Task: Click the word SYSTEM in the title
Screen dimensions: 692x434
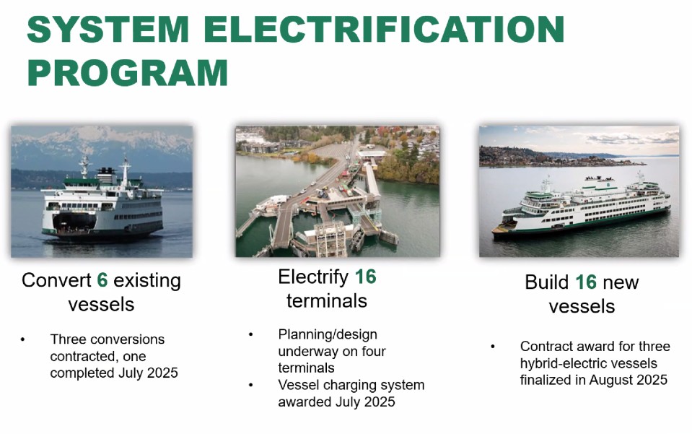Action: tap(108, 29)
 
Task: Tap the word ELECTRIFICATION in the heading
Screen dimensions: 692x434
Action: tap(384, 29)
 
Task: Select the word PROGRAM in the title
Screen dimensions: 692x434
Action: tap(128, 72)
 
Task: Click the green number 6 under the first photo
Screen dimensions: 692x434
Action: tap(102, 280)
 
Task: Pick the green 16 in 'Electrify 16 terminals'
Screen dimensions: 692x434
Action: tap(365, 277)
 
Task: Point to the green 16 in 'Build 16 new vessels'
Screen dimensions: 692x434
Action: tap(586, 282)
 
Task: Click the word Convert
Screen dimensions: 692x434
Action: tap(56, 280)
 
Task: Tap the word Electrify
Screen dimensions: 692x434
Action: tap(313, 278)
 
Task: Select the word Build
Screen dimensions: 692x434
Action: tap(547, 282)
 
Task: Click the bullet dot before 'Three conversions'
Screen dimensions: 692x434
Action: tap(22, 339)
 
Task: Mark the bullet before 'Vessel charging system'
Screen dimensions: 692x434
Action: tap(250, 385)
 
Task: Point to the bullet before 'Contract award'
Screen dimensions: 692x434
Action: tap(493, 346)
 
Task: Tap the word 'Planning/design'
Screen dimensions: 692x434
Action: tap(328, 334)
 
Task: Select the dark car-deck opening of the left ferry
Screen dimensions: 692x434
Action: tap(74, 221)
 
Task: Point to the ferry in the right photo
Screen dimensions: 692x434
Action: tap(582, 207)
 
